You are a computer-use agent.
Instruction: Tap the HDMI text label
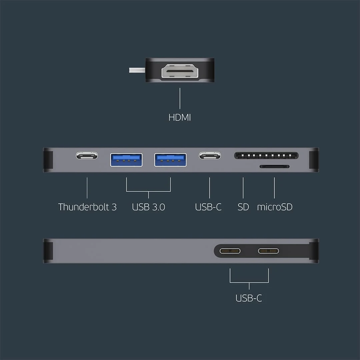(x=180, y=117)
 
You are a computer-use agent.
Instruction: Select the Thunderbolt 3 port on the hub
(x=87, y=155)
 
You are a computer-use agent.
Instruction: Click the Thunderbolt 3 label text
(x=87, y=207)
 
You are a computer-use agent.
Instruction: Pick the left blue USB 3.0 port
(x=126, y=160)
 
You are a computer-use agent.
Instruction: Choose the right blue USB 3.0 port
(x=170, y=160)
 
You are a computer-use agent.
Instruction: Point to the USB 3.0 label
(x=148, y=207)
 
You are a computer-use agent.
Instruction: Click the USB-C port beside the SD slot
(x=210, y=155)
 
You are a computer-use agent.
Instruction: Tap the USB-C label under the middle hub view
(x=208, y=207)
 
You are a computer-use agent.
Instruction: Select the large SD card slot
(x=266, y=155)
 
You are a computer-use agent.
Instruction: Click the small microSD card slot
(x=274, y=166)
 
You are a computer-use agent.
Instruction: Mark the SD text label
(x=243, y=207)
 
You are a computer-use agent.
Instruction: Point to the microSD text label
(x=275, y=207)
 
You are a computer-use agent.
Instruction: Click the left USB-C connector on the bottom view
(x=230, y=251)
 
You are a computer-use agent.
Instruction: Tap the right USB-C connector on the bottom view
(x=268, y=251)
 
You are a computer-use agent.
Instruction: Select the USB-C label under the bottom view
(x=249, y=298)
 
